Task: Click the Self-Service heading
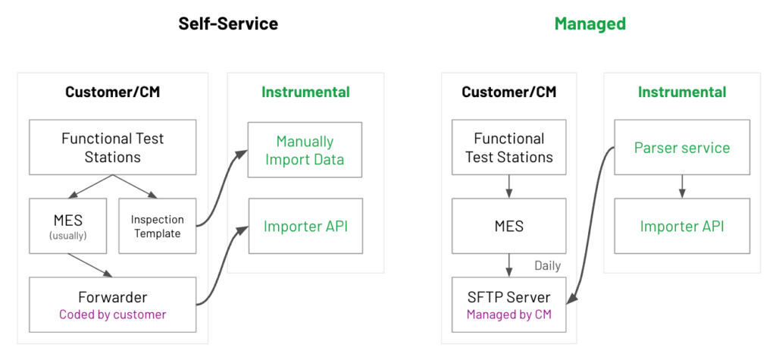[x=228, y=23]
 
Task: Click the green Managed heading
[x=590, y=23]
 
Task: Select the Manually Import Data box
[x=305, y=149]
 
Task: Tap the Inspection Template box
[x=158, y=226]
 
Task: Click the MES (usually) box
[x=67, y=226]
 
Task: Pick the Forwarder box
[x=113, y=305]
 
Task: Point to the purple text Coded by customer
[x=113, y=314]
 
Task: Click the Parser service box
[x=682, y=147]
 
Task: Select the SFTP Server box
[x=508, y=305]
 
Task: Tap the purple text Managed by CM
[x=508, y=314]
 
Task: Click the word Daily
[x=547, y=266]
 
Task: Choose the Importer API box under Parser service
[x=682, y=226]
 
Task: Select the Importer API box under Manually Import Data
[x=305, y=226]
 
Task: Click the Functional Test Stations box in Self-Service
[x=113, y=147]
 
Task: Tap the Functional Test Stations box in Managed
[x=508, y=147]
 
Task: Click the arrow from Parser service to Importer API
[x=682, y=186]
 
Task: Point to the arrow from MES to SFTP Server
[x=508, y=265]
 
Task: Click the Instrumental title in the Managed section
[x=682, y=92]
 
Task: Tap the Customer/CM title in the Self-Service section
[x=113, y=92]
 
